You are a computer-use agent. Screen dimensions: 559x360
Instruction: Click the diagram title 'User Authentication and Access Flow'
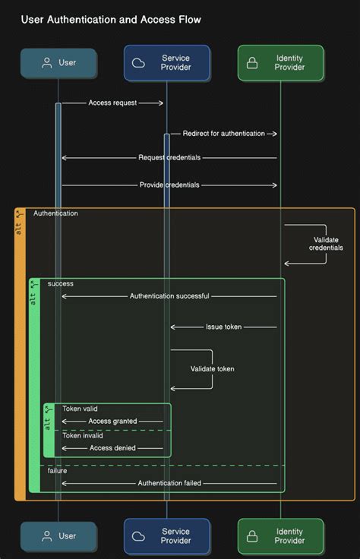(x=111, y=19)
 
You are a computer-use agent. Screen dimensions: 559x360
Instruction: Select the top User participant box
(x=58, y=63)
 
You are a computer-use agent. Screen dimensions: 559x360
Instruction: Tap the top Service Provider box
(x=167, y=63)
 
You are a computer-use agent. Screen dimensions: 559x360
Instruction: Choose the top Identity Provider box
(x=280, y=63)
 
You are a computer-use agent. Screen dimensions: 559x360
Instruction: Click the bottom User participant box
(x=58, y=536)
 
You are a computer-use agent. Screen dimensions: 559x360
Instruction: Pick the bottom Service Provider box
(x=167, y=536)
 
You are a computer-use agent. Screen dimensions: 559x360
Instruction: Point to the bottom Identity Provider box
(x=280, y=536)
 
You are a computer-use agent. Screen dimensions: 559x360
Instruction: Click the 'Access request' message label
(x=112, y=103)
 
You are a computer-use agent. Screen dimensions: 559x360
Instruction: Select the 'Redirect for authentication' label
(x=223, y=134)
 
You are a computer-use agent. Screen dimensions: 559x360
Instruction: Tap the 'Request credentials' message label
(x=169, y=158)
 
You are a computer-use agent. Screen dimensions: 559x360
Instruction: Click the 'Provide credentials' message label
(x=169, y=185)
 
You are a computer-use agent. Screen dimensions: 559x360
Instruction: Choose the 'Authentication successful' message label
(x=169, y=296)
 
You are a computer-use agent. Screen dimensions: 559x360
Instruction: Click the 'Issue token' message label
(x=223, y=327)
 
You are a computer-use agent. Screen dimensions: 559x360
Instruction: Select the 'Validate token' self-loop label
(x=212, y=369)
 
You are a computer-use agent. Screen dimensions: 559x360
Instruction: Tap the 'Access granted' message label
(x=112, y=421)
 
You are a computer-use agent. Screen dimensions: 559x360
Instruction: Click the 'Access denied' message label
(x=112, y=448)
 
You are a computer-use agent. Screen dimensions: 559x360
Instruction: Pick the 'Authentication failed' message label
(x=169, y=483)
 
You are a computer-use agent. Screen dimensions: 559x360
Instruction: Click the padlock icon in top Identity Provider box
(x=252, y=63)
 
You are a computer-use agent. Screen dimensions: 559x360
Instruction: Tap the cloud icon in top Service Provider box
(x=139, y=63)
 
